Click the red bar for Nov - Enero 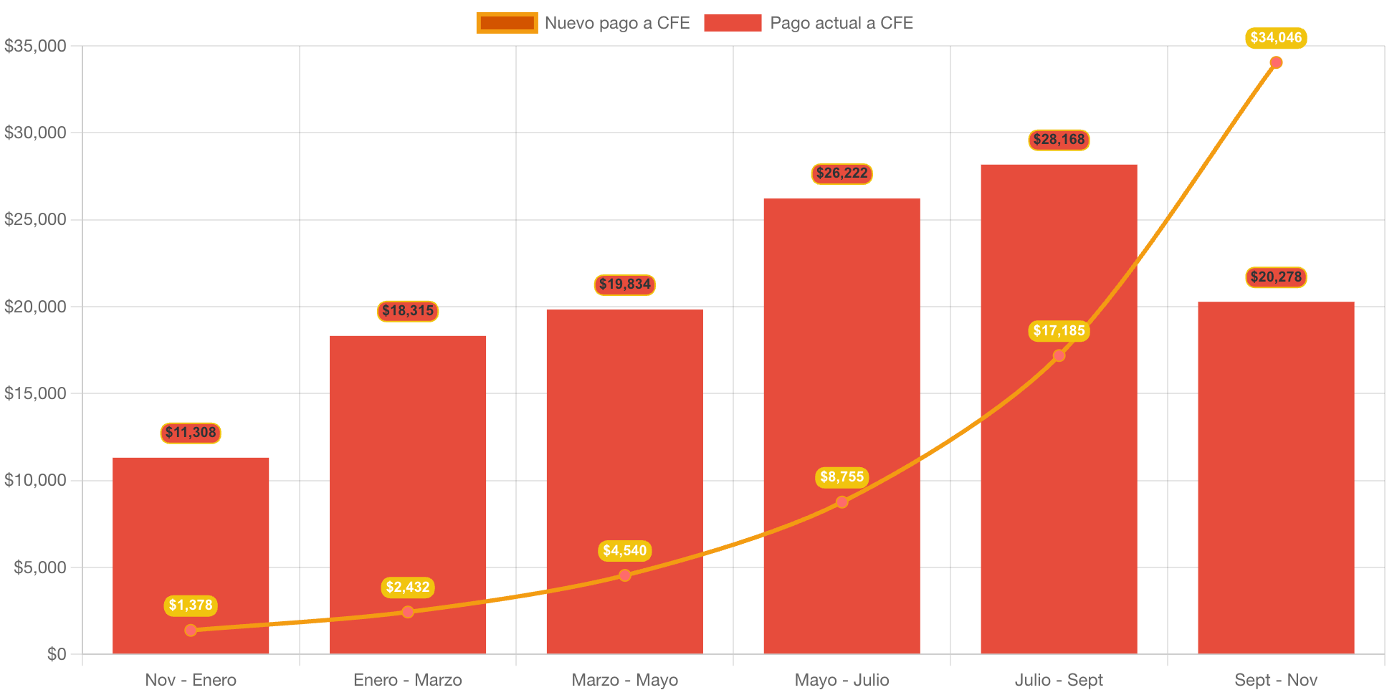pyautogui.click(x=191, y=545)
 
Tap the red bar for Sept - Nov pyautogui.click(x=1276, y=473)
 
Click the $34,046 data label pyautogui.click(x=1276, y=38)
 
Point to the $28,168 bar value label pyautogui.click(x=1059, y=140)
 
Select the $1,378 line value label pyautogui.click(x=191, y=605)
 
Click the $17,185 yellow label pyautogui.click(x=1059, y=331)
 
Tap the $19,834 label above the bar pyautogui.click(x=624, y=284)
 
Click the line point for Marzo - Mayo pyautogui.click(x=625, y=575)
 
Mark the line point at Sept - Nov pyautogui.click(x=1276, y=63)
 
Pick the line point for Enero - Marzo pyautogui.click(x=408, y=612)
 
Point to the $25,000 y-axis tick pyautogui.click(x=35, y=219)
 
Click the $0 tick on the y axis pyautogui.click(x=57, y=654)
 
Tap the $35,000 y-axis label pyautogui.click(x=35, y=46)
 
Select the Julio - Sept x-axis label pyautogui.click(x=1059, y=680)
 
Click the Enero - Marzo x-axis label pyautogui.click(x=408, y=680)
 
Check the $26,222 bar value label pyautogui.click(x=842, y=173)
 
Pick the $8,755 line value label pyautogui.click(x=842, y=477)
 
